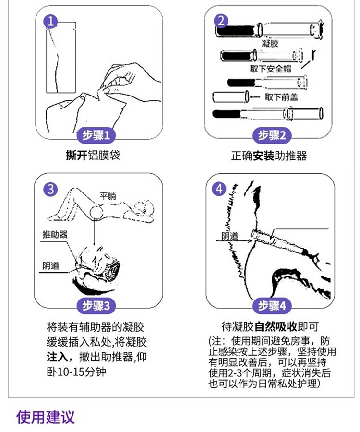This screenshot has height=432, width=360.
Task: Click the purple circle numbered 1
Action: [50, 21]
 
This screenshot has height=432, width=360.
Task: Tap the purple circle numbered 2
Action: [221, 21]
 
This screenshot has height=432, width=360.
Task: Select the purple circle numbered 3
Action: [50, 190]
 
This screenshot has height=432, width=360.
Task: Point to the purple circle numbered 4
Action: [219, 189]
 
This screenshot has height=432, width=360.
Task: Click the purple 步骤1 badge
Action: [96, 135]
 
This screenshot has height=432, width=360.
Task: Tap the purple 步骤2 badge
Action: [272, 135]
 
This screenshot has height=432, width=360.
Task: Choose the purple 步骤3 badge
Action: [96, 306]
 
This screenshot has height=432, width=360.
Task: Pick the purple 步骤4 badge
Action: [272, 306]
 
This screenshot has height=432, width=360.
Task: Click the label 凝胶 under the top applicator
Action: [270, 43]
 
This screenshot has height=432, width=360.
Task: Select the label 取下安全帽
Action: [271, 68]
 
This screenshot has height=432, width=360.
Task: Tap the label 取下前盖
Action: [281, 97]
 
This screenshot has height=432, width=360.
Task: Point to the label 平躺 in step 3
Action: [108, 196]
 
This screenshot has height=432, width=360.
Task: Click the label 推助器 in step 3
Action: [55, 234]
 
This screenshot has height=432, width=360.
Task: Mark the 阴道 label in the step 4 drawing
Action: [230, 236]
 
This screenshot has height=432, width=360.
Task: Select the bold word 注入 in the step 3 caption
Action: [57, 357]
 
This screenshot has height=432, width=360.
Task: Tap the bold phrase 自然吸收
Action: [276, 327]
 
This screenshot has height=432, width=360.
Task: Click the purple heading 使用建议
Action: [46, 417]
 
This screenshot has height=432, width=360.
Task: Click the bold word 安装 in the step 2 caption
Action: [264, 156]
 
